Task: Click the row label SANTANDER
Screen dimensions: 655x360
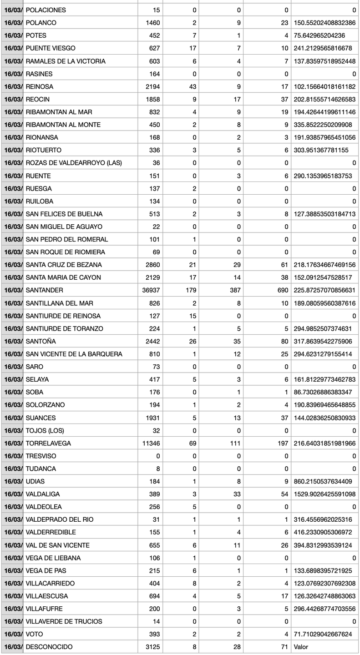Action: click(x=45, y=290)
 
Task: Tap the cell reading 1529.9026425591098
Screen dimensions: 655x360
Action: click(x=325, y=494)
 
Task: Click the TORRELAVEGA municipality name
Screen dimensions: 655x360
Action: click(x=48, y=443)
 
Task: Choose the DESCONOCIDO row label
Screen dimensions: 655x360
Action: click(x=49, y=647)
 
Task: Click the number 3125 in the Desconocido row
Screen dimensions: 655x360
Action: click(x=152, y=647)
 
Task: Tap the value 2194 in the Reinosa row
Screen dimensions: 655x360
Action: click(x=152, y=86)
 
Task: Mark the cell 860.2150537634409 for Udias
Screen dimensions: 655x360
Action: click(x=325, y=481)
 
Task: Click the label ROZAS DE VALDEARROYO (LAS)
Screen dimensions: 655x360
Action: click(x=74, y=163)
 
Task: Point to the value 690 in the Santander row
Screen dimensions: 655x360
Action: click(x=283, y=290)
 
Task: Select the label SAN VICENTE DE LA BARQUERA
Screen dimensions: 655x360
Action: click(x=74, y=354)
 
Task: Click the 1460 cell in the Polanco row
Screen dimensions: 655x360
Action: click(x=152, y=23)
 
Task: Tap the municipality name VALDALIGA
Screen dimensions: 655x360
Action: click(x=43, y=494)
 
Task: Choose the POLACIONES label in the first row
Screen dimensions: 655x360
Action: click(x=46, y=10)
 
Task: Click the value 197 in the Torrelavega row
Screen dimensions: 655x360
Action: click(x=283, y=443)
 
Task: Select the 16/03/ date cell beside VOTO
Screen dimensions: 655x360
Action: click(x=13, y=634)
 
